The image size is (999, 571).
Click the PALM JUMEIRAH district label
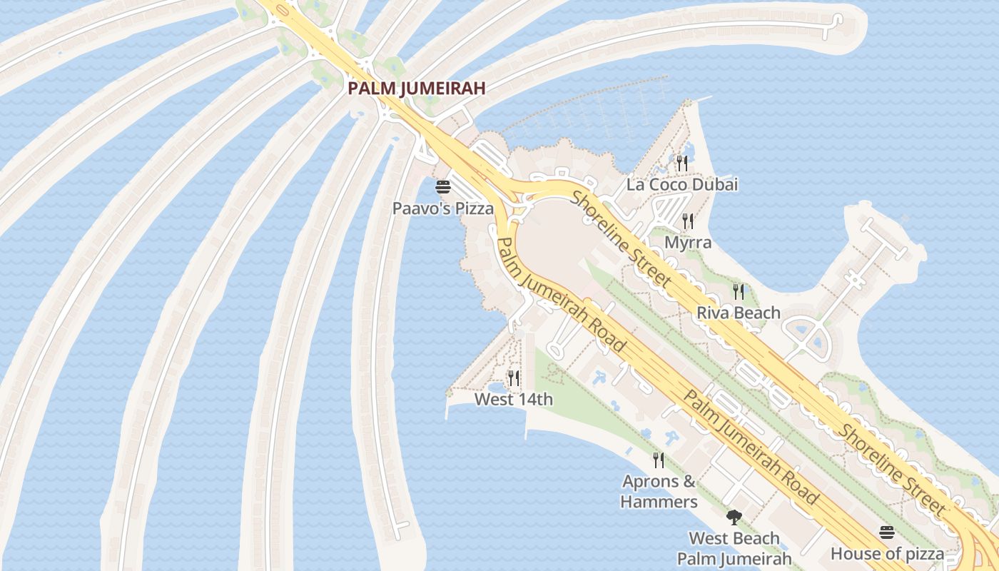[417, 89]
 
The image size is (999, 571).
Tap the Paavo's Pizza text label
[443, 208]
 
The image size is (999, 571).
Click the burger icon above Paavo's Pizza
[443, 188]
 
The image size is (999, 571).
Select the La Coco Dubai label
[681, 185]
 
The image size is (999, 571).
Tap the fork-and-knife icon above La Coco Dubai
[681, 163]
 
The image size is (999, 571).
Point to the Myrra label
[688, 243]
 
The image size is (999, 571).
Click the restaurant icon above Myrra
[688, 221]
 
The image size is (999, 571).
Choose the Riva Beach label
[739, 313]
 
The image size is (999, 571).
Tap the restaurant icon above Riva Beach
[739, 291]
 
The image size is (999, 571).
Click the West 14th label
[514, 400]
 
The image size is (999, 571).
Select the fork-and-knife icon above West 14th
[514, 378]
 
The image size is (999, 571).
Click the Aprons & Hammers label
[659, 491]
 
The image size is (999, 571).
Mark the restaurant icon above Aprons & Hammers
[659, 460]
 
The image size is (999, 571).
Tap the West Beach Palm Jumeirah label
[734, 548]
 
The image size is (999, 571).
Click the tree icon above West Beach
[734, 517]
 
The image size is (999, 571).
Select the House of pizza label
[887, 554]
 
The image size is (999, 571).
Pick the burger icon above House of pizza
[887, 532]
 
